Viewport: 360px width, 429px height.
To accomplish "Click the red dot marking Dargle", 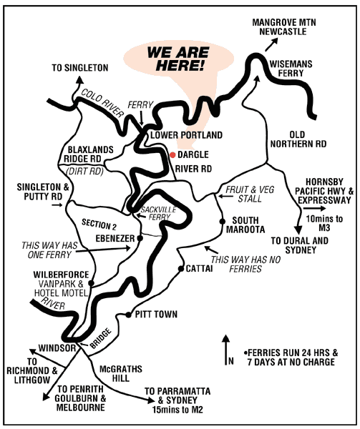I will (172, 154).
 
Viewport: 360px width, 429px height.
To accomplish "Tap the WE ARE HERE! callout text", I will (178, 59).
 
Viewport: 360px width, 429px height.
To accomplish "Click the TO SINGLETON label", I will (79, 68).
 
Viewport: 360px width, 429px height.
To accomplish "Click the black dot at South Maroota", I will (223, 222).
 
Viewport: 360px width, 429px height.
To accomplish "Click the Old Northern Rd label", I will (308, 139).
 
